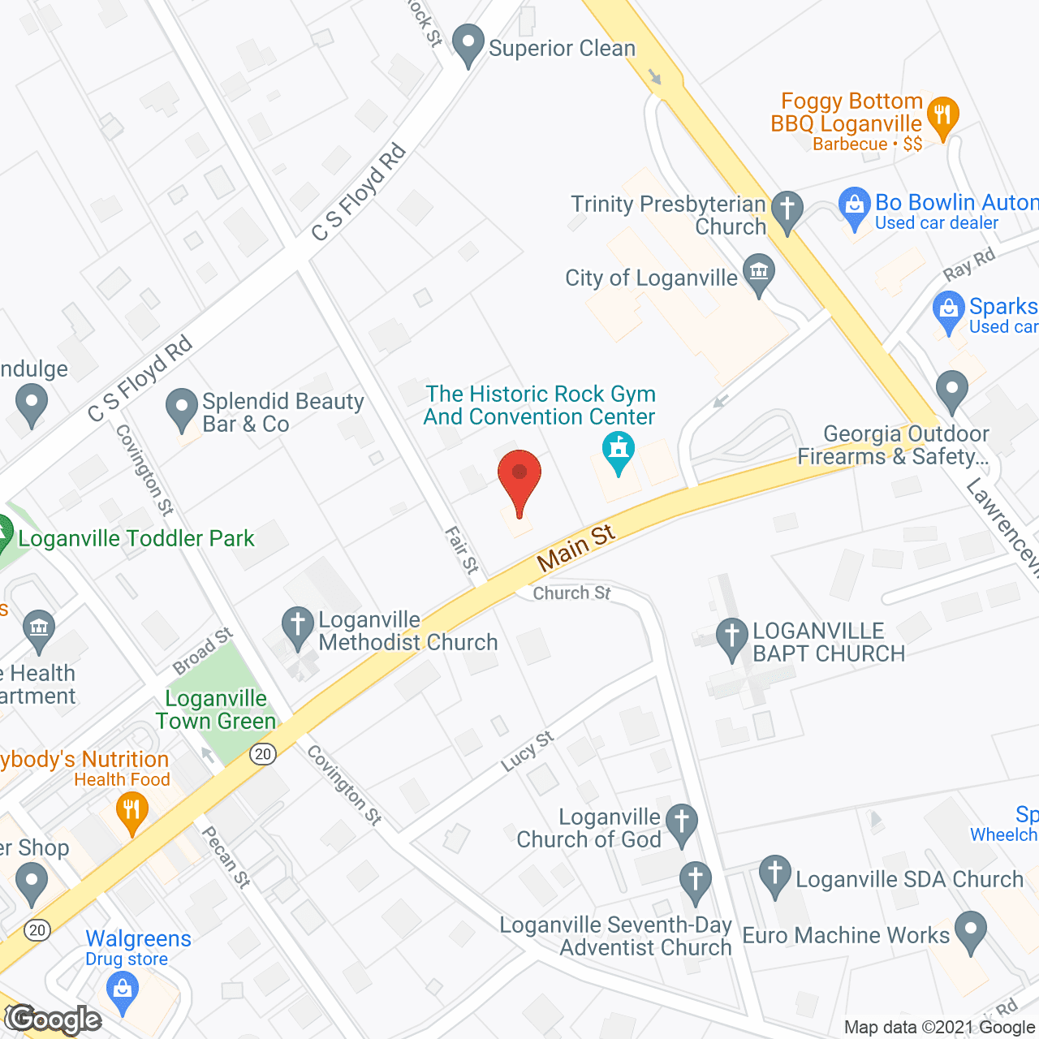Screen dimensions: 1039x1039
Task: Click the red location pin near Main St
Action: pyautogui.click(x=519, y=479)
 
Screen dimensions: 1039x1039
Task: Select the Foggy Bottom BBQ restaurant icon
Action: pyautogui.click(x=942, y=117)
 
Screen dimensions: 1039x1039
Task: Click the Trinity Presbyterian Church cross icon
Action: pyautogui.click(x=787, y=210)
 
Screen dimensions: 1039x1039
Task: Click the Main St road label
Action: pyautogui.click(x=576, y=548)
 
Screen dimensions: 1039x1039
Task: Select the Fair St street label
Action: pyautogui.click(x=462, y=550)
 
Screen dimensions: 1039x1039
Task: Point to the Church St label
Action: pyautogui.click(x=571, y=593)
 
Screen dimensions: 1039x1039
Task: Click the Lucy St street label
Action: pyautogui.click(x=527, y=751)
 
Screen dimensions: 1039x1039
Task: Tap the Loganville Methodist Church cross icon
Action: pyautogui.click(x=298, y=627)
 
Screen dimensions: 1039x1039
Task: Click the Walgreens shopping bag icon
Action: pyautogui.click(x=123, y=992)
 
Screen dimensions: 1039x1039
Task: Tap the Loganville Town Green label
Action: pyautogui.click(x=216, y=710)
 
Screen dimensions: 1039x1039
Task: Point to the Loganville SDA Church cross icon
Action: pyautogui.click(x=775, y=875)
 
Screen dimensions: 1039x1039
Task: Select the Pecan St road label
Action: pyautogui.click(x=225, y=857)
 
